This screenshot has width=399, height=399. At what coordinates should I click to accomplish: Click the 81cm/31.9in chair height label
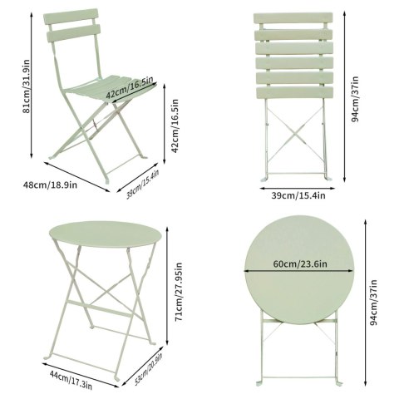pos(27,86)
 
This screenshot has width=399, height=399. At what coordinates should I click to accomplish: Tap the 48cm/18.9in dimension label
pos(50,185)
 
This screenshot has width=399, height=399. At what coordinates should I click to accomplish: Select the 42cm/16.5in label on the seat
pos(130,86)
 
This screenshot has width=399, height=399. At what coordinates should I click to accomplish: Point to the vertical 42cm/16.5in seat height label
pos(175,126)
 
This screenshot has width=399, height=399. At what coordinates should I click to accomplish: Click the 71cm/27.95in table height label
pos(180,292)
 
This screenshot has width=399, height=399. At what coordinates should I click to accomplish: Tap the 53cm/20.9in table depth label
pos(148,369)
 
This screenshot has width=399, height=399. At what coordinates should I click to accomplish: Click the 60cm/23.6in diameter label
pos(300,264)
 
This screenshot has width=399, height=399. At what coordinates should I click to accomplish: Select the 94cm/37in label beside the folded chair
pos(354,99)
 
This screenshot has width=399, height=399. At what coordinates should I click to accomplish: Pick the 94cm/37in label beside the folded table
pos(374,303)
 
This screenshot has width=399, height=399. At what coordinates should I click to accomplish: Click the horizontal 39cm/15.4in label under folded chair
pos(298,195)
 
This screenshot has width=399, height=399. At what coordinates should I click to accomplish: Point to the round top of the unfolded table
pos(106,234)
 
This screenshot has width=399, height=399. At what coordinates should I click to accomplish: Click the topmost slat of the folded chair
pos(293,18)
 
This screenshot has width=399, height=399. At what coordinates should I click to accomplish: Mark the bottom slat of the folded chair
pos(294,92)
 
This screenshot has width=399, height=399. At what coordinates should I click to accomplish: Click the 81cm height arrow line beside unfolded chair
pos(32,86)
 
